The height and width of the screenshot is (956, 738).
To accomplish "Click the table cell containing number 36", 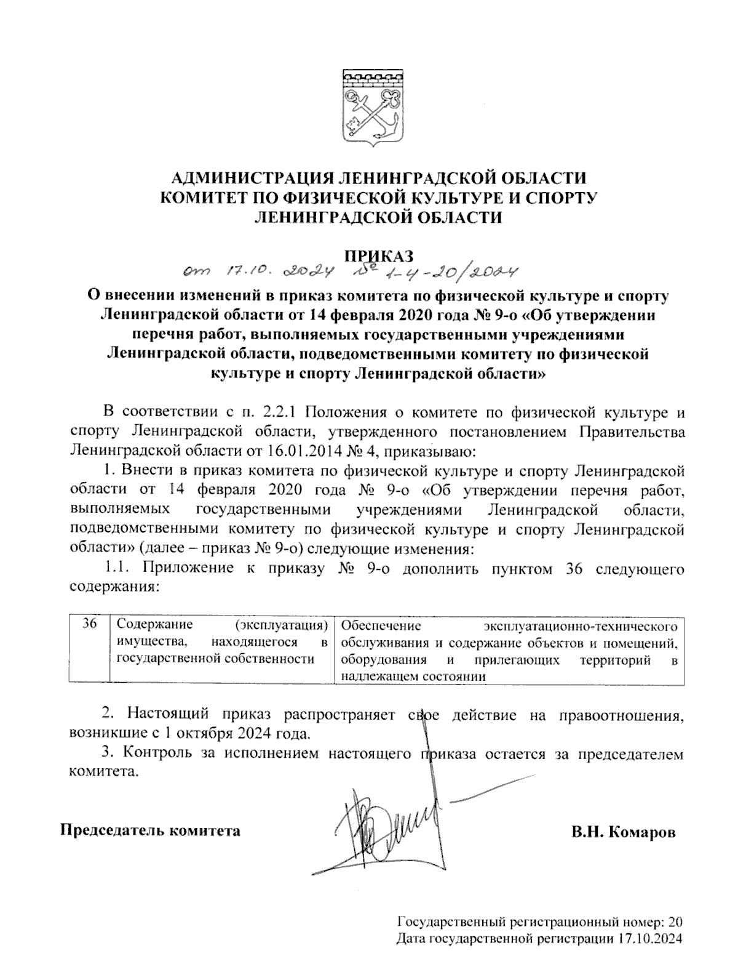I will tap(89, 625).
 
